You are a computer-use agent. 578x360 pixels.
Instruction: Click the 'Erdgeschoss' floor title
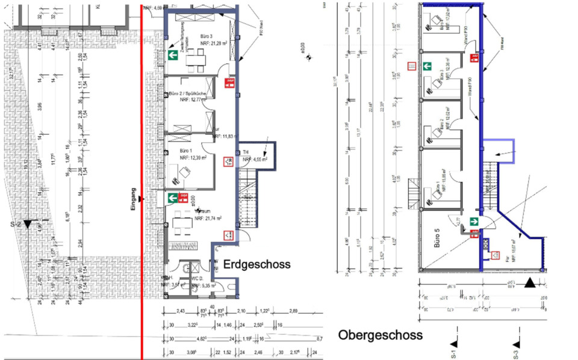point(257,264)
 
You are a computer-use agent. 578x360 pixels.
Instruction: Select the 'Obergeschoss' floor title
point(380,334)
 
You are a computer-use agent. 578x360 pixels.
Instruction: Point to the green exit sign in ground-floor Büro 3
point(172,55)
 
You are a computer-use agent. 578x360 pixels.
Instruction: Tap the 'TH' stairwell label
point(246,152)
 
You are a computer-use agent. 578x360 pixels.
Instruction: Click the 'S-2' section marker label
point(16,223)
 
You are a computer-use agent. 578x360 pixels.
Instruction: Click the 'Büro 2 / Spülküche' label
point(187,95)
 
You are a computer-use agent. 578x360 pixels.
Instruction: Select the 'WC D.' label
point(196,279)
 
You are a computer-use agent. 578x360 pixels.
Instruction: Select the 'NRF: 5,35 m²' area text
point(202,286)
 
